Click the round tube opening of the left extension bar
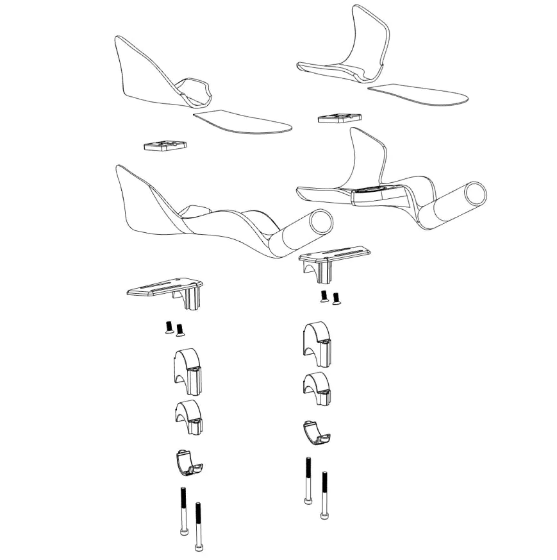pyautogui.click(x=321, y=224)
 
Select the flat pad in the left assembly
pyautogui.click(x=242, y=121)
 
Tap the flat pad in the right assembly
pyautogui.click(x=418, y=94)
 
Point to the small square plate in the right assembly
pyautogui.click(x=339, y=118)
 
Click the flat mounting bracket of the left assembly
pyautogui.click(x=165, y=291)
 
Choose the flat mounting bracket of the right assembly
pyautogui.click(x=334, y=255)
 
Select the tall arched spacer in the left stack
pyautogui.click(x=187, y=370)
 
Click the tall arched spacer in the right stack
pyautogui.click(x=318, y=343)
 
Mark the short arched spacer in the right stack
pyautogui.click(x=317, y=387)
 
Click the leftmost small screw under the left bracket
pyautogui.click(x=169, y=328)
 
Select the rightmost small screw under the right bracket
pyautogui.click(x=337, y=298)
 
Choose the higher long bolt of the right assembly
pyautogui.click(x=309, y=481)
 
